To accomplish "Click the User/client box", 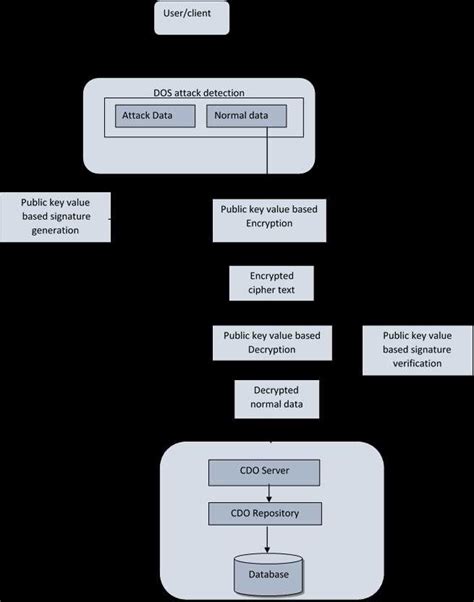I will tap(194, 17).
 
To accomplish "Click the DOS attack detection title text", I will tap(198, 91).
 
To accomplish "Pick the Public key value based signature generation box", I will tap(55, 216).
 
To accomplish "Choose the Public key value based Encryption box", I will tap(268, 217).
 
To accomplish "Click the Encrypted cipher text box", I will tap(271, 283).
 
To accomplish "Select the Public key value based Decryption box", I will tap(271, 344).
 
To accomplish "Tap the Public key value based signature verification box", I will tap(418, 350).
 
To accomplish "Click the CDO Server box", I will tap(264, 470).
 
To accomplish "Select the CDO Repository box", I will tap(264, 514).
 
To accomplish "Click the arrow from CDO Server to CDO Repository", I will tap(264, 492).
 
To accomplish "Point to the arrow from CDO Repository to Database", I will tap(265, 539).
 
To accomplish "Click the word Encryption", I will tap(268, 224).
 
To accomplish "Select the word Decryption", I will tap(271, 351).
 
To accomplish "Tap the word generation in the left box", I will tap(55, 231).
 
